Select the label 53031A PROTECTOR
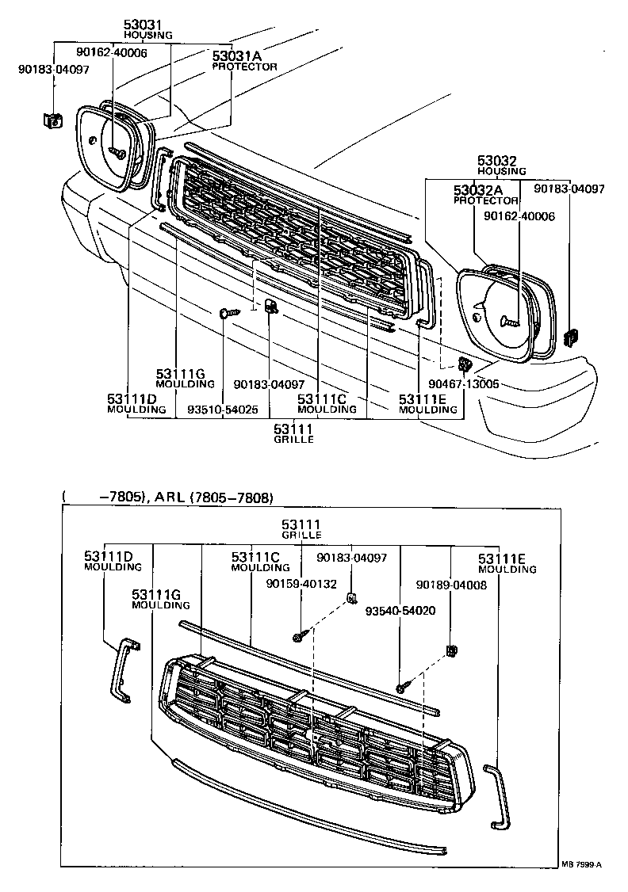[x=244, y=61]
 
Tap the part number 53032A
[x=478, y=191]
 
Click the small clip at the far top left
[x=52, y=120]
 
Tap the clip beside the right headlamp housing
[x=569, y=337]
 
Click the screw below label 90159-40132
[x=297, y=637]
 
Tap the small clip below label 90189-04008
[x=453, y=651]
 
